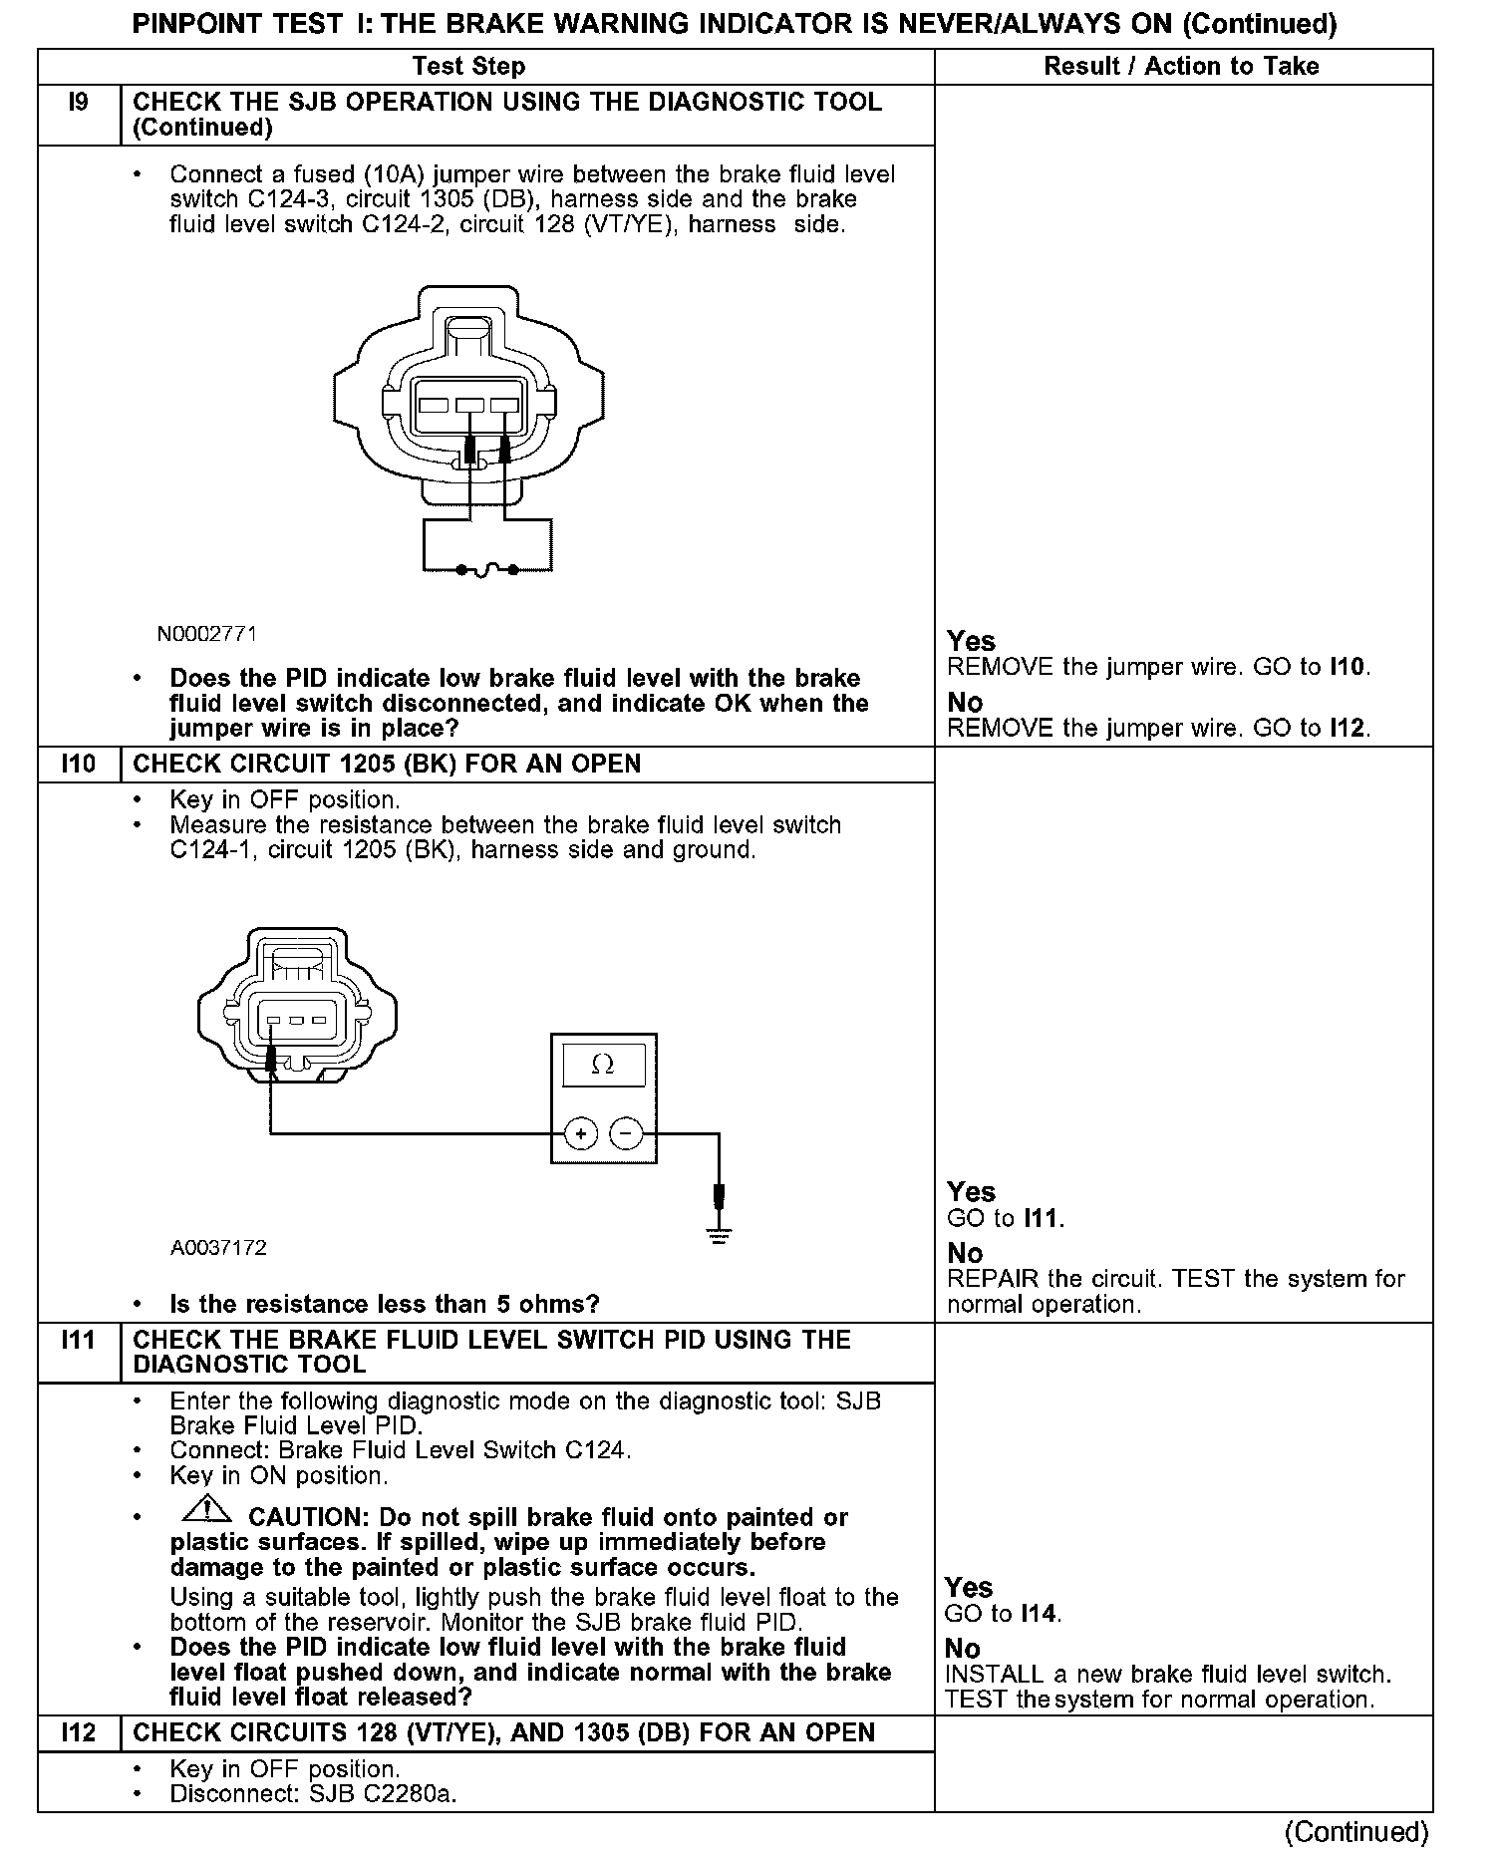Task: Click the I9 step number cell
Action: click(x=79, y=103)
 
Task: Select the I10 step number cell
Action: click(x=79, y=765)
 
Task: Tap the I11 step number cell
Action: click(x=79, y=1341)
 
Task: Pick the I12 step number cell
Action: click(x=79, y=1732)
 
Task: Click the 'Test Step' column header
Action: click(x=468, y=67)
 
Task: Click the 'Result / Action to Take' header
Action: click(x=1181, y=67)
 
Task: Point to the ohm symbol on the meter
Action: click(x=602, y=1066)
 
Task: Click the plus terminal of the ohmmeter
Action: click(x=581, y=1133)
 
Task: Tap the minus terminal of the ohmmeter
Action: click(x=626, y=1133)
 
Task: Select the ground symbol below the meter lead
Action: click(x=719, y=1237)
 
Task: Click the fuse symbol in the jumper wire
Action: click(x=486, y=570)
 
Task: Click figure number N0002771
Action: click(x=207, y=634)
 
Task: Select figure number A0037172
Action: click(x=218, y=1248)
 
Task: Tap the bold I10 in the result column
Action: click(x=1349, y=667)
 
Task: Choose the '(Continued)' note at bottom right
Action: click(x=1356, y=1832)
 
